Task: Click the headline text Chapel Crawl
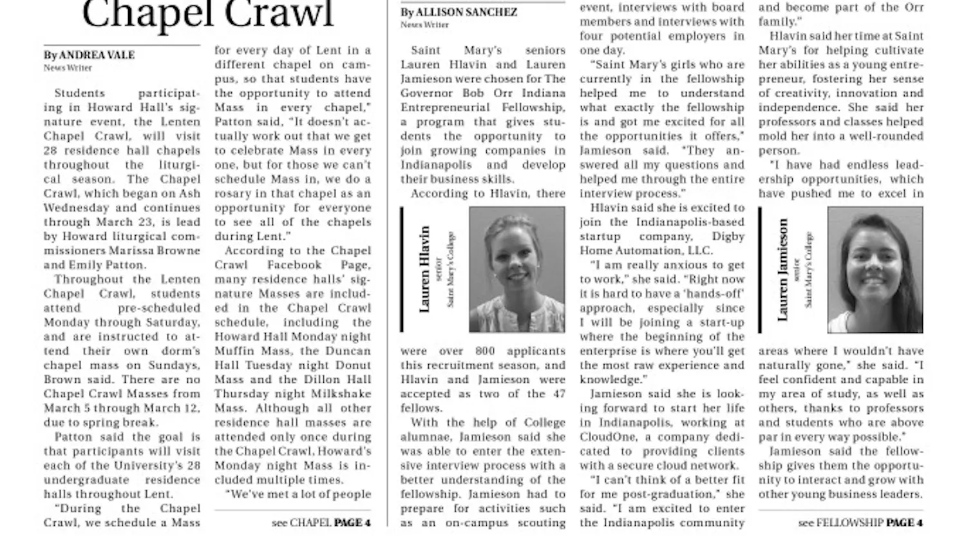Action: point(208,14)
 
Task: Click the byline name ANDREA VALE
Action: point(97,55)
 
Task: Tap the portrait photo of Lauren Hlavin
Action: point(517,269)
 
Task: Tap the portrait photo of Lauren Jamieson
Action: point(875,269)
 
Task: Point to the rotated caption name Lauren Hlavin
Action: point(424,269)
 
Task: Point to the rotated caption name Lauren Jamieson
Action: point(782,269)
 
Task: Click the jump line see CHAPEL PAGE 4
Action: point(321,523)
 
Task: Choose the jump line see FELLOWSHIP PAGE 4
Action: point(860,523)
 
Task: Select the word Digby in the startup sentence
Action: point(728,237)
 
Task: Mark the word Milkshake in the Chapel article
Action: point(339,394)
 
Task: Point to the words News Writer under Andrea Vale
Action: point(68,68)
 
